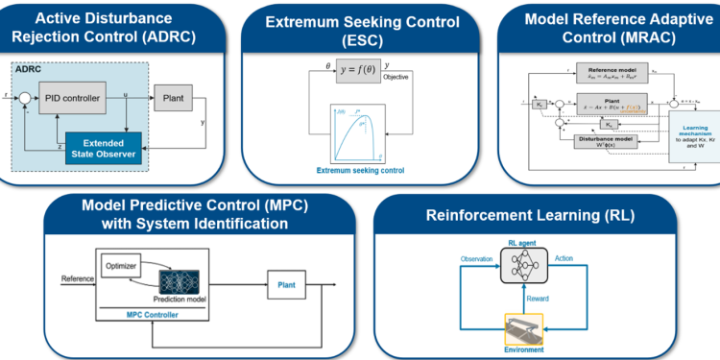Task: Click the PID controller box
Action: (76, 97)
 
